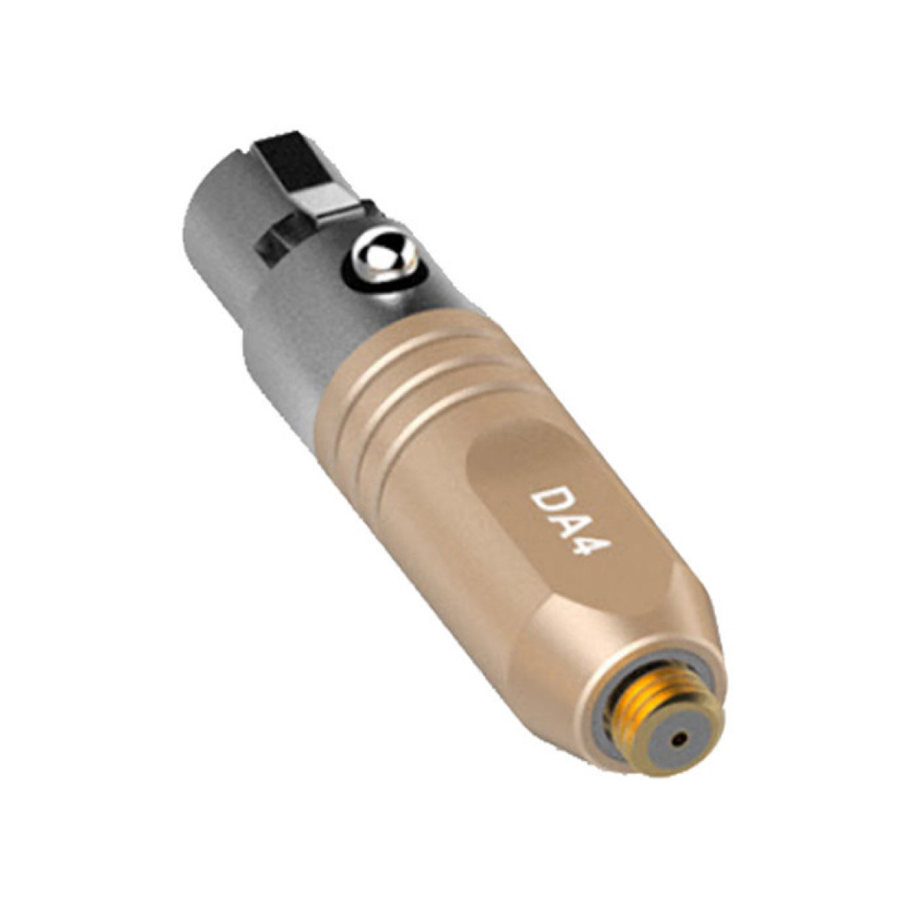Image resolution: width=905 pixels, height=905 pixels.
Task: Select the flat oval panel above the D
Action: tap(509, 453)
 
